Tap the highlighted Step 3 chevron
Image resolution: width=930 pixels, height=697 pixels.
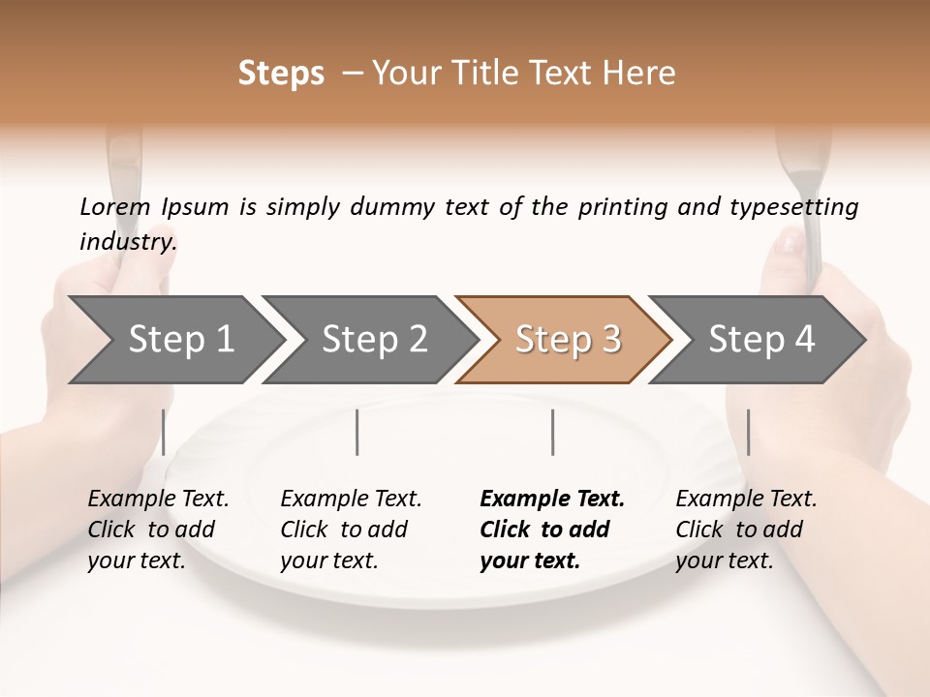(566, 340)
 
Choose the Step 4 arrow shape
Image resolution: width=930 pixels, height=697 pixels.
(759, 340)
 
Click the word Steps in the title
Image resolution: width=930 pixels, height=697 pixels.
(281, 74)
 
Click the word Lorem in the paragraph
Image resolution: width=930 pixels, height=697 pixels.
(115, 207)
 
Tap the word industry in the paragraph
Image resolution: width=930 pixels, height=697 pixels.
(128, 242)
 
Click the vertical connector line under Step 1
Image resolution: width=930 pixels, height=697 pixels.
(164, 432)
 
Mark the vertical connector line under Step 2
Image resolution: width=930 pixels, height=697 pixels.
(357, 432)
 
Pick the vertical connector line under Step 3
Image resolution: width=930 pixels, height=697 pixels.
(552, 432)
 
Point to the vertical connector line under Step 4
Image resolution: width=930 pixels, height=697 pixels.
(748, 432)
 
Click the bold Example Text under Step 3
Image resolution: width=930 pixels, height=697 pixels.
(552, 500)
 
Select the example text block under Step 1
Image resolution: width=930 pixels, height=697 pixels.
(158, 530)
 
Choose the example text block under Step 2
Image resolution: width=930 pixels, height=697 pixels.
(351, 530)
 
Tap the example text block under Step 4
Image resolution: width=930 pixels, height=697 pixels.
(746, 530)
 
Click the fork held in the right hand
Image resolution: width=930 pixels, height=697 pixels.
(804, 194)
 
